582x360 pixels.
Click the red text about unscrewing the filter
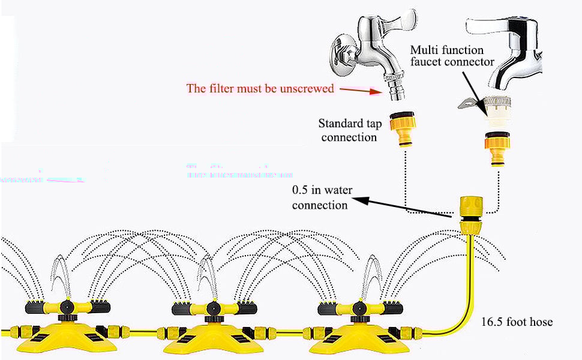coord(260,88)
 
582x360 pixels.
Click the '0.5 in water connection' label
coord(322,197)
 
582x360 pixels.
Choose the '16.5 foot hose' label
coord(517,322)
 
